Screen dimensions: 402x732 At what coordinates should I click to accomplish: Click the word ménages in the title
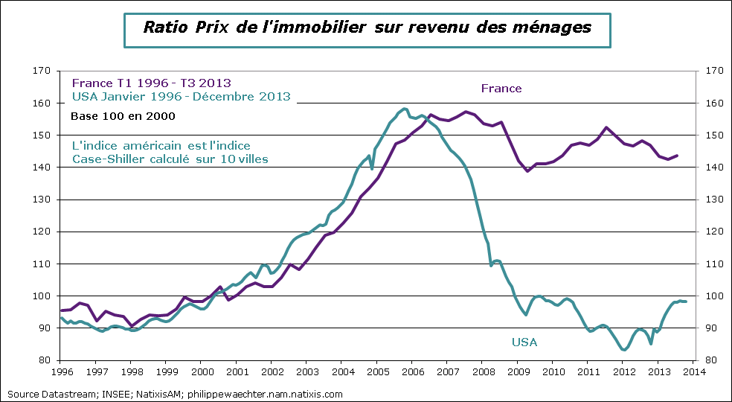click(x=555, y=28)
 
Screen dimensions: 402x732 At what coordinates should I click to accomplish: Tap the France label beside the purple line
click(x=501, y=89)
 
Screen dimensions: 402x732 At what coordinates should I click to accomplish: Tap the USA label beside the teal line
click(x=524, y=342)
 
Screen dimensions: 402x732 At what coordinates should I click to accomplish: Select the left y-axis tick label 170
click(x=42, y=71)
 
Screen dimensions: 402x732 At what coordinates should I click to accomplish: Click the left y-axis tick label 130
click(x=42, y=200)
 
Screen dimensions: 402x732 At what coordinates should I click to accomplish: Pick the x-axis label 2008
click(x=482, y=371)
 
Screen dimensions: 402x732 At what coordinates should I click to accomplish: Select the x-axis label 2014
click(x=693, y=371)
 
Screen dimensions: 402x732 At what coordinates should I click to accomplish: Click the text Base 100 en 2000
click(x=123, y=117)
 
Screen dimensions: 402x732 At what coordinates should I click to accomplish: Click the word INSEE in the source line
click(x=95, y=394)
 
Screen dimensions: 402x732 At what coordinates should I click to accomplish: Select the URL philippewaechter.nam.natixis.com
click(x=266, y=394)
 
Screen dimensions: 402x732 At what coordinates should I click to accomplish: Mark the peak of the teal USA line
click(x=405, y=109)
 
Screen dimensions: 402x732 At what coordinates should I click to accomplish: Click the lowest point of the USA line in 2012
click(x=623, y=350)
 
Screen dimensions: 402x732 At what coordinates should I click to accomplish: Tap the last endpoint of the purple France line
click(x=677, y=156)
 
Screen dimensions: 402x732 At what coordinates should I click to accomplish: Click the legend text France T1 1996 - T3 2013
click(x=151, y=83)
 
